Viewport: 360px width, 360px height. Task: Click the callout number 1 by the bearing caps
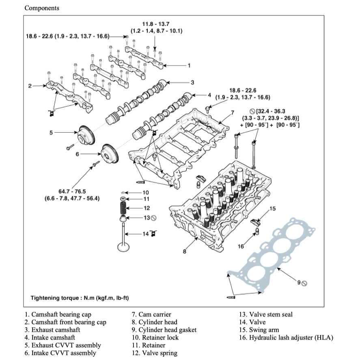click(x=188, y=65)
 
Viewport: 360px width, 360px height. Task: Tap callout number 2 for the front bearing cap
click(x=30, y=86)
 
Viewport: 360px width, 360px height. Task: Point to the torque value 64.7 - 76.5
click(x=73, y=191)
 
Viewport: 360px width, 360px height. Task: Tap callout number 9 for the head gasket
click(x=299, y=282)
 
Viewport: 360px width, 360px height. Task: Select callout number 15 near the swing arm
click(x=272, y=208)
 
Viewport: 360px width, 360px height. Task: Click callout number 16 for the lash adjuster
click(x=241, y=246)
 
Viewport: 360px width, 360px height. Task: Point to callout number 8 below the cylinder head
click(x=184, y=252)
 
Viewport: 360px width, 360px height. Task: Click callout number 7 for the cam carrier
click(x=233, y=112)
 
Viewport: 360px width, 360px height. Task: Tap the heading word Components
click(x=42, y=8)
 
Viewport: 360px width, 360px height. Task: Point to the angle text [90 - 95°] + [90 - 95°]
click(x=270, y=125)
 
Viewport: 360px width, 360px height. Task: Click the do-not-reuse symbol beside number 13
click(x=153, y=218)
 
